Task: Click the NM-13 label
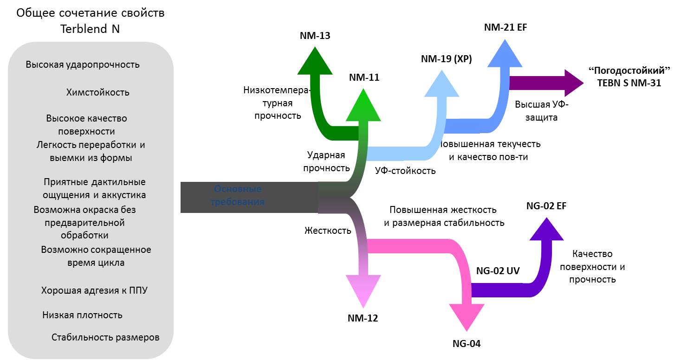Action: click(315, 35)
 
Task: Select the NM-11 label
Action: click(364, 77)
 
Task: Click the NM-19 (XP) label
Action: click(446, 59)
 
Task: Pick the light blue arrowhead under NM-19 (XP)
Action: click(442, 84)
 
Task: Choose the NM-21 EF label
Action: click(506, 27)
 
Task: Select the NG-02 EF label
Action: click(546, 206)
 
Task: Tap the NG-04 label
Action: click(467, 344)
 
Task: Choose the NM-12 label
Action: click(363, 318)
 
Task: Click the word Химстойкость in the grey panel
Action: click(98, 92)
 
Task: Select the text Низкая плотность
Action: click(82, 315)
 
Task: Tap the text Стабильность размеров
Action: click(105, 337)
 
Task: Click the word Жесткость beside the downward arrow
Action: click(328, 230)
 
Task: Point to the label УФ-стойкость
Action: click(405, 171)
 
